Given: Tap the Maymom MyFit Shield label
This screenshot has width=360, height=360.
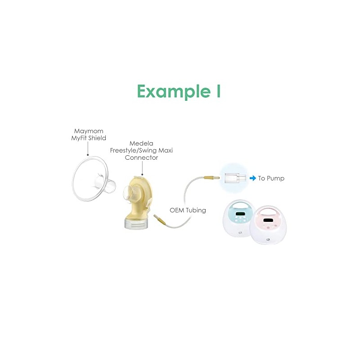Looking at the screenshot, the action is coord(89,135).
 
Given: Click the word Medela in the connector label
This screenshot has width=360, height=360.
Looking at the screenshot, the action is coord(141,143).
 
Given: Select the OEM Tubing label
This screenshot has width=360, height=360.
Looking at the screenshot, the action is coord(188,210).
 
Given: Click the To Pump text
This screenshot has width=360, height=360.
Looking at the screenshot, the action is coord(271,178).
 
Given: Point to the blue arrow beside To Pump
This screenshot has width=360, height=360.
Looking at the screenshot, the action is coord(252,178).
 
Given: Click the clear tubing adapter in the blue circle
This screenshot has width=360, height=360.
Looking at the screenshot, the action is coord(235,178).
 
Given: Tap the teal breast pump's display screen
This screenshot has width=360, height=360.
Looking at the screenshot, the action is coord(240,214).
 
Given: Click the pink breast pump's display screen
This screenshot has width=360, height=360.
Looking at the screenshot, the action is coord(268,220).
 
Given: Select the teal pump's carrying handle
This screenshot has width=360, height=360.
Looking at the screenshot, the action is coord(240,205).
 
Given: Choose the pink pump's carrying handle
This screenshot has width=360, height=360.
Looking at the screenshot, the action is coord(268,210).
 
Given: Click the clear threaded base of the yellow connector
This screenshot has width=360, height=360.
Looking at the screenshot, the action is coord(136,224).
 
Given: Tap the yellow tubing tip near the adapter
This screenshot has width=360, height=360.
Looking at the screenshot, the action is coord(211,177).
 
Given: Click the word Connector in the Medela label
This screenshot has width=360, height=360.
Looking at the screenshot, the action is coord(141,157).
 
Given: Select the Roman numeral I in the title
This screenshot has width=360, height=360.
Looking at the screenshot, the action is coord(218,91).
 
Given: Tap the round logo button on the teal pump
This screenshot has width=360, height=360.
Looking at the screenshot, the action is coord(240,233).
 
